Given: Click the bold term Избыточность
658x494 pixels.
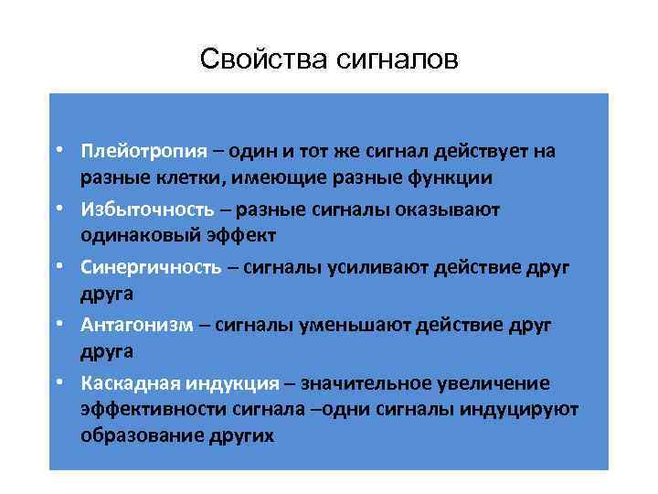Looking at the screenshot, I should pyautogui.click(x=136, y=209).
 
